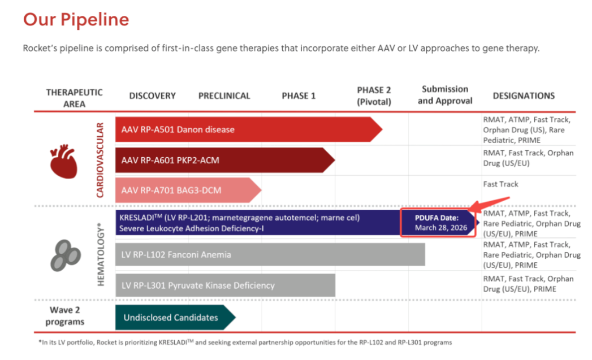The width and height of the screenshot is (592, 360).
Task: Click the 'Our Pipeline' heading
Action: click(x=76, y=20)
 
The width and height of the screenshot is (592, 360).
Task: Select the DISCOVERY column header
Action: click(x=152, y=96)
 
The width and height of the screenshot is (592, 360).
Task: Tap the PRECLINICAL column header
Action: click(x=224, y=96)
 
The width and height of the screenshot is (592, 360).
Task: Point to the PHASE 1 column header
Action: click(x=299, y=96)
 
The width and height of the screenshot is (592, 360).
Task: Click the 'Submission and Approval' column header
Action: click(x=445, y=95)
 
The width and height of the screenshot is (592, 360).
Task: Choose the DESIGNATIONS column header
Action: click(x=524, y=96)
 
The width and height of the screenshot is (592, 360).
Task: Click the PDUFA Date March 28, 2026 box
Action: click(x=437, y=222)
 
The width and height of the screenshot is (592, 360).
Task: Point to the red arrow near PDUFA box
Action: click(x=492, y=203)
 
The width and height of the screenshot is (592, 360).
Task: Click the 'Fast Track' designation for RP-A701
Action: click(x=500, y=184)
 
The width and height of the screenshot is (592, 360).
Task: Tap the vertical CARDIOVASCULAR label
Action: click(x=100, y=160)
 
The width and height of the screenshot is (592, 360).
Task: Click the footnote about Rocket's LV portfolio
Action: click(x=241, y=342)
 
